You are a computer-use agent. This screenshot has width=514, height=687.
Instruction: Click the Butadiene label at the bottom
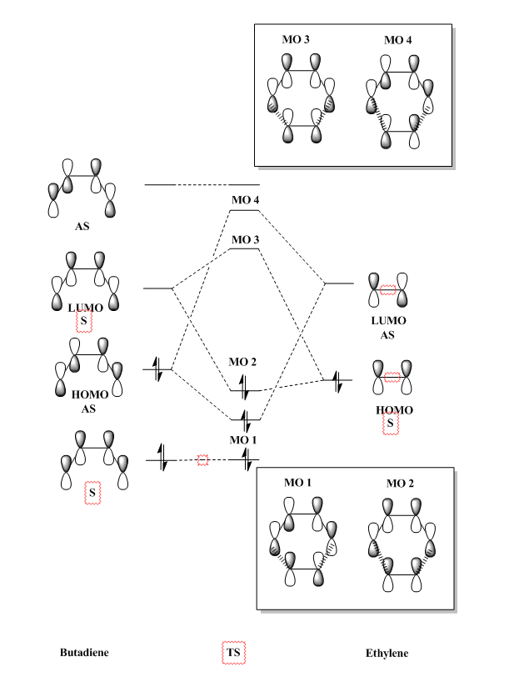[84, 653]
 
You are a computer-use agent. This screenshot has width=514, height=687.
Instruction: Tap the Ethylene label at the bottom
[387, 654]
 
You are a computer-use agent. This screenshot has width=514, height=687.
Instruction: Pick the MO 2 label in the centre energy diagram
[243, 363]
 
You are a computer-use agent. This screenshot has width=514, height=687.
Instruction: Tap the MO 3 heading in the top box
[298, 39]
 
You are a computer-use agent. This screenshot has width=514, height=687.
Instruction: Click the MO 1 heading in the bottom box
[298, 484]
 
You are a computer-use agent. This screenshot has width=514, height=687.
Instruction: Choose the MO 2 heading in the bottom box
[400, 484]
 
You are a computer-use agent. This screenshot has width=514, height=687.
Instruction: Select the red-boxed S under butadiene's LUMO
[83, 322]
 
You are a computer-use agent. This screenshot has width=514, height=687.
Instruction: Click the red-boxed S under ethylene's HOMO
[390, 425]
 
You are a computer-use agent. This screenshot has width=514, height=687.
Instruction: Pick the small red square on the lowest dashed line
[202, 460]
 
